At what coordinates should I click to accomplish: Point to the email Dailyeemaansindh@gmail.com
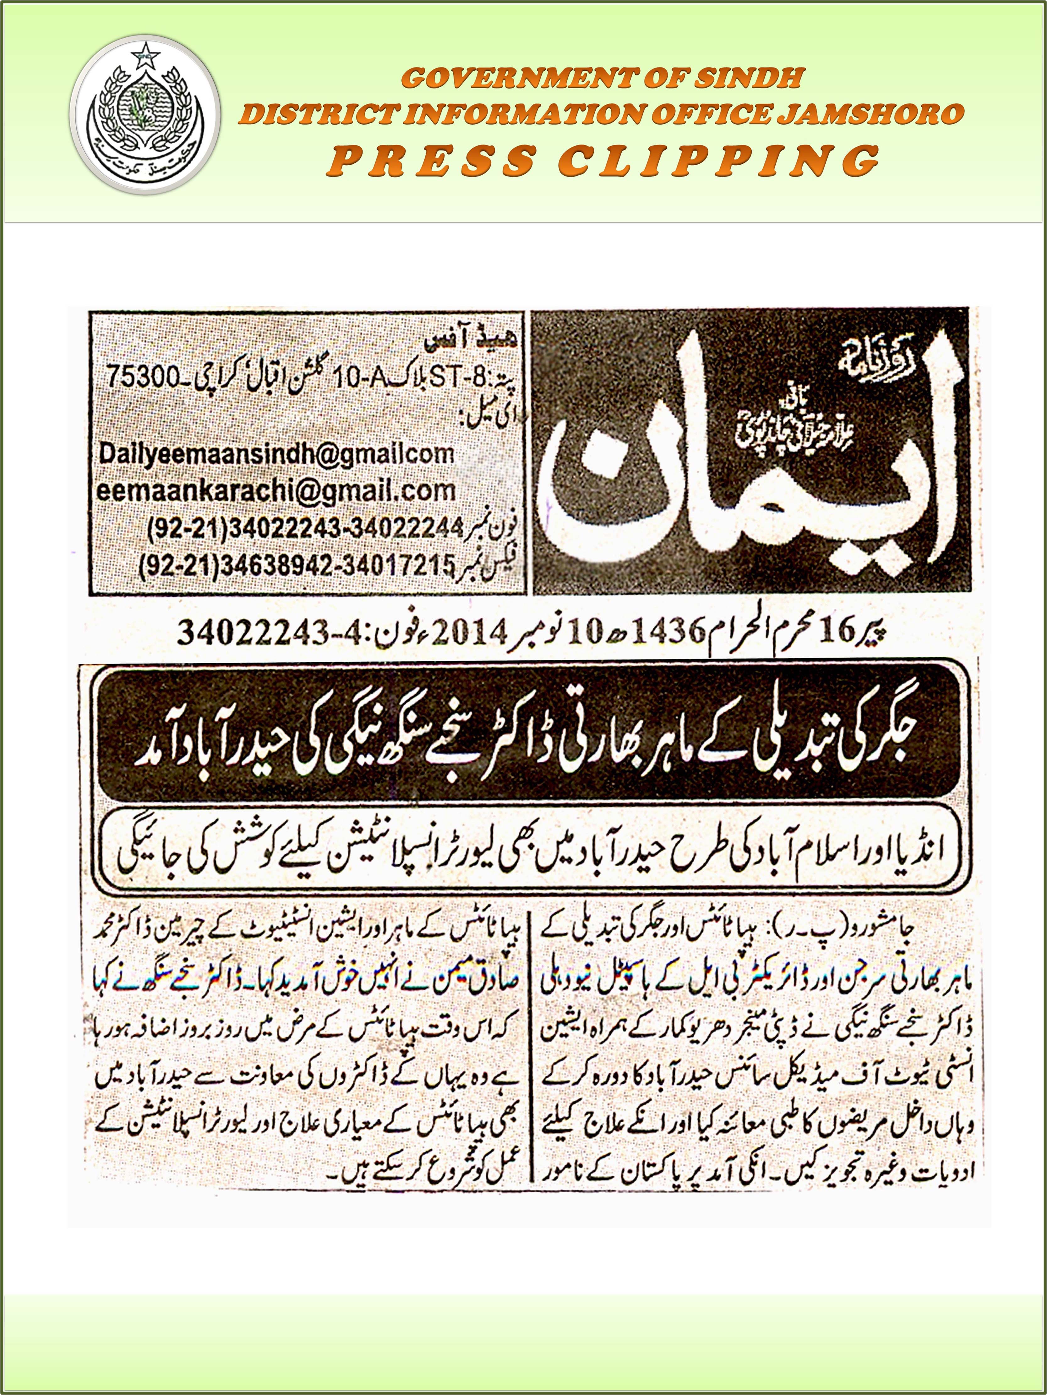click(x=276, y=454)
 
